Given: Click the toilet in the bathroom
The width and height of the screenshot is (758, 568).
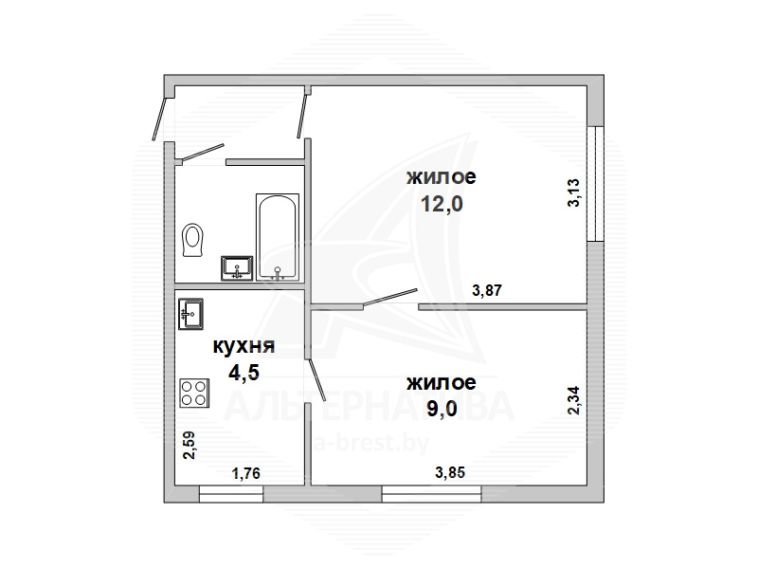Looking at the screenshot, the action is click(192, 241).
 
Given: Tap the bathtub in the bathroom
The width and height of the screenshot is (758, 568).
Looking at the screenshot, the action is click(277, 237).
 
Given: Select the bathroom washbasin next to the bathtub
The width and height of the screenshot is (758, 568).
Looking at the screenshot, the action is click(237, 268).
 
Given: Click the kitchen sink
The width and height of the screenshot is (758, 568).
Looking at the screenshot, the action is click(190, 314).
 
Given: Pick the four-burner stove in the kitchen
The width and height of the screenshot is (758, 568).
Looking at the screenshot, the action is click(194, 393).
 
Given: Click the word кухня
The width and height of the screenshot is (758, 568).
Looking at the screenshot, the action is click(244, 346).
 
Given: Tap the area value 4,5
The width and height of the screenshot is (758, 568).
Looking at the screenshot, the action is click(244, 373).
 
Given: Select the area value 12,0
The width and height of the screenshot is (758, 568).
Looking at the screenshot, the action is click(442, 204).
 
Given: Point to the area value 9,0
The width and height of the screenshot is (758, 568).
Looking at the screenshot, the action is click(442, 409).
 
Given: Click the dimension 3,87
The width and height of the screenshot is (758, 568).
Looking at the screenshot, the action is click(487, 291).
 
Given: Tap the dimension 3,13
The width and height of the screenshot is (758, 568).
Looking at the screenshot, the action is click(573, 192).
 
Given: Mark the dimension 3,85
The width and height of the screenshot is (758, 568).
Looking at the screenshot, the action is click(450, 472).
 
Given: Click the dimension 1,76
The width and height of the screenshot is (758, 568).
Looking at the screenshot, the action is click(246, 473).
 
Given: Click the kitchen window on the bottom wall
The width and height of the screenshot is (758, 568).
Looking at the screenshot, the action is click(231, 494).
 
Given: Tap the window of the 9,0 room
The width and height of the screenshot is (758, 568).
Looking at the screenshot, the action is click(432, 494).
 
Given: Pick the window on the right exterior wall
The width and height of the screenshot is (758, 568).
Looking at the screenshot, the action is click(596, 184).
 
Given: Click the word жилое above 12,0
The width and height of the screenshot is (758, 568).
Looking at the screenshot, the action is click(442, 176).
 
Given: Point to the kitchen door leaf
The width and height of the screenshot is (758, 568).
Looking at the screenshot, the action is click(316, 380).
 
